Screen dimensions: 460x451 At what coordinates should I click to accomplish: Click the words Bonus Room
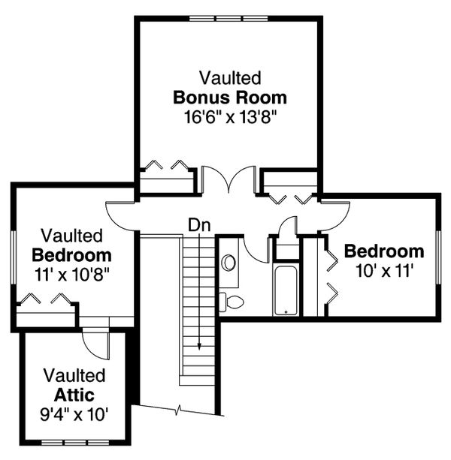coord(230,97)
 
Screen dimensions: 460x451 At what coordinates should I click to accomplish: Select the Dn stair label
coord(198,224)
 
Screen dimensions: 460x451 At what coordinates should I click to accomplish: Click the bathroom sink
coord(229,263)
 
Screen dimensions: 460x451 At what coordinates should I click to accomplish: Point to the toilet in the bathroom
coord(232,302)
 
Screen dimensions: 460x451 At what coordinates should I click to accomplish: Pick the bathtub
coord(286,290)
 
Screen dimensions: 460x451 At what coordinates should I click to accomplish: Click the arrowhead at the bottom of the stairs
coord(199,346)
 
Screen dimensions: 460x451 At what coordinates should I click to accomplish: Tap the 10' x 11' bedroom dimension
coord(384,270)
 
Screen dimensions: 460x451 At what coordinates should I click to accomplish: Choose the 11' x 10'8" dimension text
coord(71,274)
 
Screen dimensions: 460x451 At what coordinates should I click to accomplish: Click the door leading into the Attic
coord(93,346)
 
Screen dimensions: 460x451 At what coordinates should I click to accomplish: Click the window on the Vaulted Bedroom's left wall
coord(13,254)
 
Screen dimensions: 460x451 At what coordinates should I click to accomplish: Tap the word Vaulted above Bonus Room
coord(230,77)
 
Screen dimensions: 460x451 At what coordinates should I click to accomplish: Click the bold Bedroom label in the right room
coord(384,251)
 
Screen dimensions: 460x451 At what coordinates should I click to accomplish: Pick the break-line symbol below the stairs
coord(179,410)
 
